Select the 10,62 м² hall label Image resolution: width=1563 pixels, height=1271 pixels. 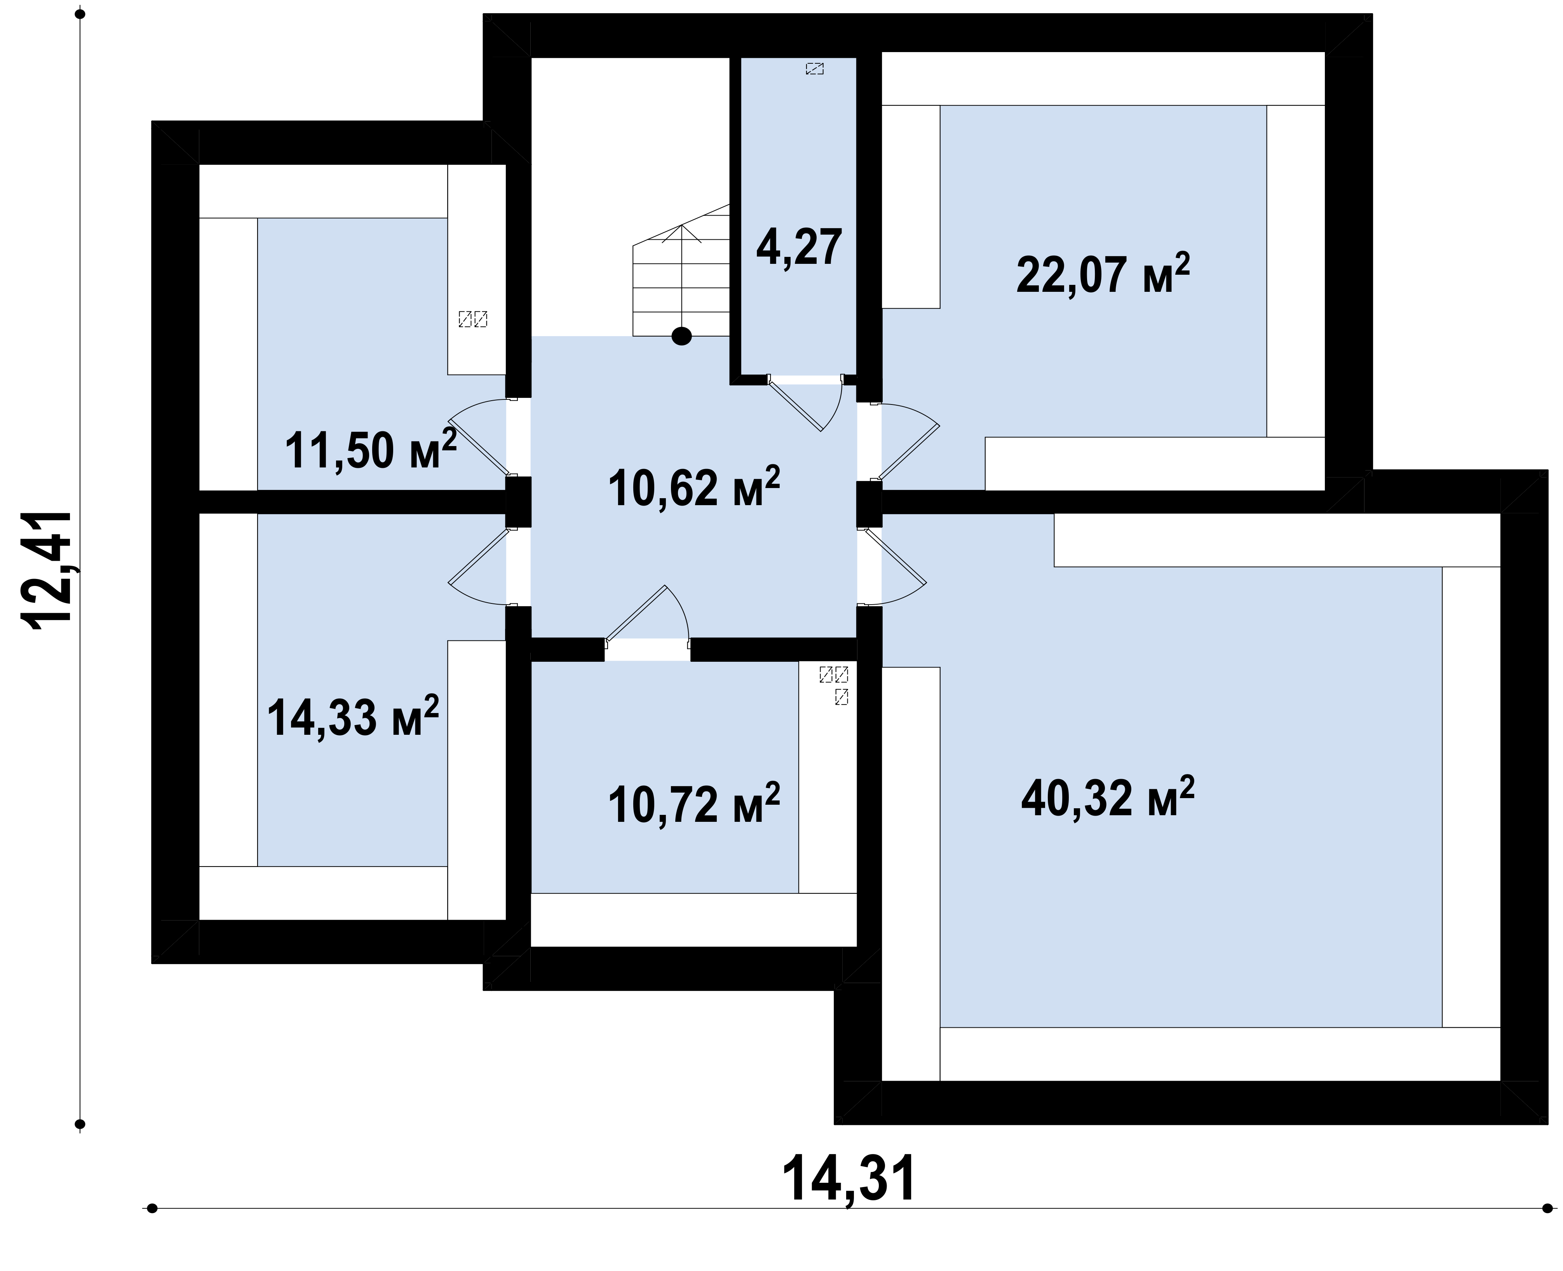[694, 487]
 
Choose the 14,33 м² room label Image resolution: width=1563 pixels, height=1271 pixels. [353, 716]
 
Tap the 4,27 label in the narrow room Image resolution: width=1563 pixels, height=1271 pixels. [799, 248]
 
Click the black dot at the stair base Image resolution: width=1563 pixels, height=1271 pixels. [681, 336]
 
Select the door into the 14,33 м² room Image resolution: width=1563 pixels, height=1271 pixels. [479, 566]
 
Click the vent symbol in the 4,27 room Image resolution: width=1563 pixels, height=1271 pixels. [815, 69]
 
